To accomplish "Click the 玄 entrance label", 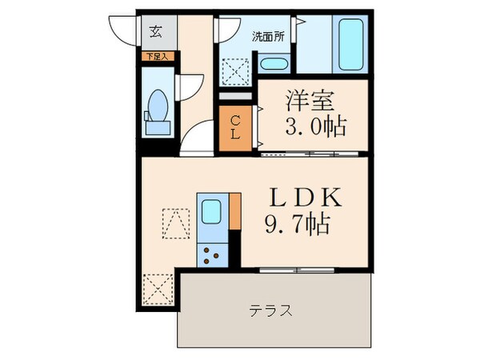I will (x=156, y=33).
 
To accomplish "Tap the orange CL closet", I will (x=236, y=127).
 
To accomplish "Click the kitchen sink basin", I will (x=213, y=213).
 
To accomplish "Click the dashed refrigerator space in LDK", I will (x=175, y=223).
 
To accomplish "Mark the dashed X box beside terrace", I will (x=157, y=288).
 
